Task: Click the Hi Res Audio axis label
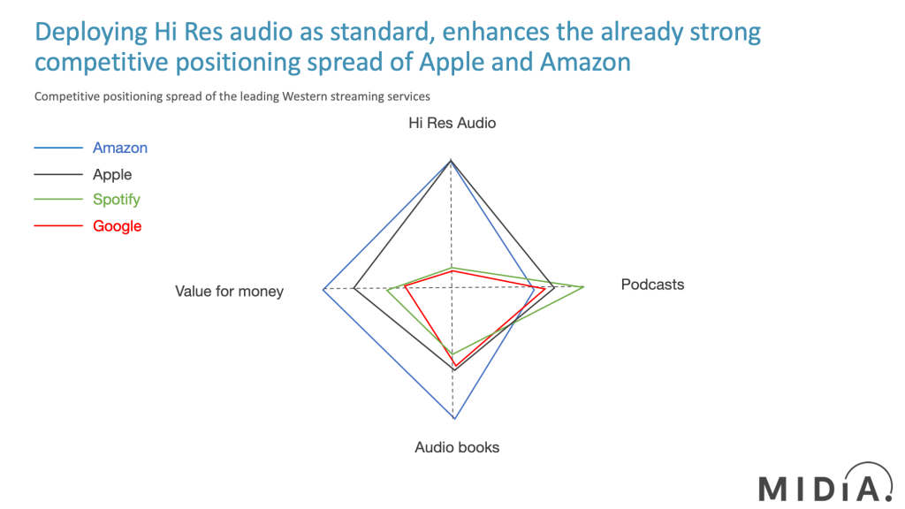[x=452, y=123]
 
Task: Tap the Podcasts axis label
[x=652, y=285]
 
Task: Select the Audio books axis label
[x=457, y=447]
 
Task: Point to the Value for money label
[x=229, y=292]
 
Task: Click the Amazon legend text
[x=120, y=148]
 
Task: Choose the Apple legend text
[x=112, y=174]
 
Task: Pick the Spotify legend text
[x=117, y=200]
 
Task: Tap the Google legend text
[x=118, y=226]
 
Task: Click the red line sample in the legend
[x=58, y=225]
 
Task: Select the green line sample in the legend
[x=58, y=199]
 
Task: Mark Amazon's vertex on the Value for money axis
[x=323, y=289]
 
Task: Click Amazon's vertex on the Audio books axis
[x=455, y=418]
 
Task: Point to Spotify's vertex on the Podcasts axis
[x=583, y=286]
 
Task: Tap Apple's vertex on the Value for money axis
[x=354, y=289]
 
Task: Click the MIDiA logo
[x=826, y=483]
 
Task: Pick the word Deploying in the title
[x=91, y=33]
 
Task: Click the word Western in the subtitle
[x=304, y=96]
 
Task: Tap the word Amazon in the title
[x=585, y=62]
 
